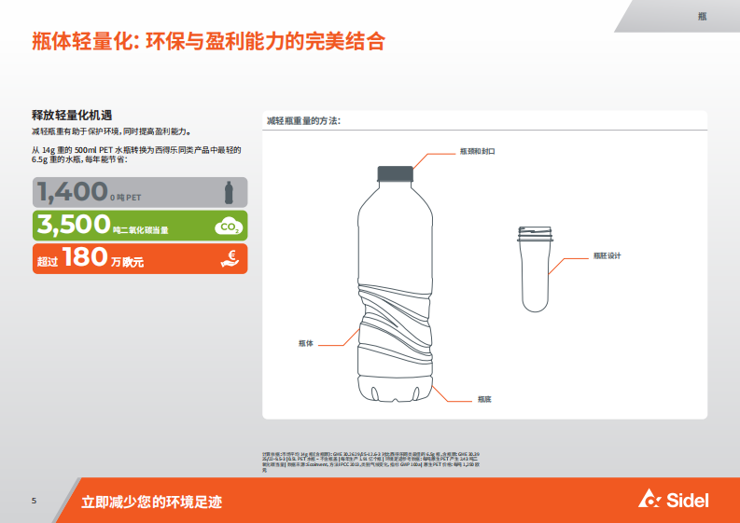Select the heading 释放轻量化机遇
pyautogui.click(x=72, y=115)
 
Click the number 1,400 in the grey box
pyautogui.click(x=72, y=192)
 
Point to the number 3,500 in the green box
pyautogui.click(x=73, y=225)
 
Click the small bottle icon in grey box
pyautogui.click(x=229, y=192)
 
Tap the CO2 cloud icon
pyautogui.click(x=228, y=226)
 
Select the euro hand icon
pyautogui.click(x=229, y=259)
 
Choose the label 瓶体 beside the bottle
pyautogui.click(x=306, y=343)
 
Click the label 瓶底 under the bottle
pyautogui.click(x=483, y=399)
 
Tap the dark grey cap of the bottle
pyautogui.click(x=395, y=173)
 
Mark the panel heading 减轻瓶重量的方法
pyautogui.click(x=303, y=121)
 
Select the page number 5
pyautogui.click(x=34, y=501)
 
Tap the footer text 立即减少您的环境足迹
pyautogui.click(x=151, y=502)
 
